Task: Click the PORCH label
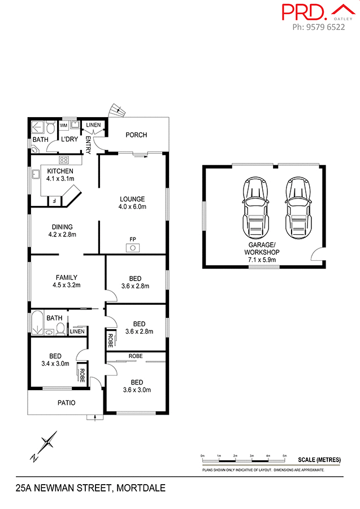(x=136, y=135)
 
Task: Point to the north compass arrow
(x=45, y=445)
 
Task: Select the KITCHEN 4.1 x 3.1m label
(x=60, y=175)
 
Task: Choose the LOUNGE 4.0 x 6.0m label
(x=132, y=202)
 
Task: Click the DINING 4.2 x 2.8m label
(x=62, y=230)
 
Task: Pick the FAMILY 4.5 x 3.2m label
(x=66, y=281)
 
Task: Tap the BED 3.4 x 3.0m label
(x=55, y=360)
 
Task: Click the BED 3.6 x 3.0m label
(x=135, y=385)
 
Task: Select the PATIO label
(x=66, y=403)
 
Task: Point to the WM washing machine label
(x=63, y=124)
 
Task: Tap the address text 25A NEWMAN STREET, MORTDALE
(x=90, y=487)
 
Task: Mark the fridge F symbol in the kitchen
(x=54, y=200)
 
